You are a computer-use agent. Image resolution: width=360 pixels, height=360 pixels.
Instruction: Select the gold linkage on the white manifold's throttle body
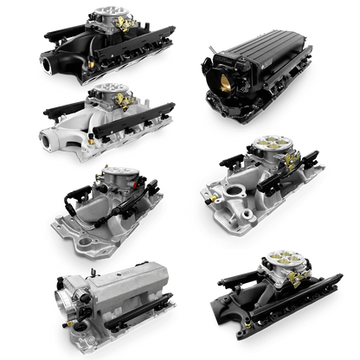pos(127,103)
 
